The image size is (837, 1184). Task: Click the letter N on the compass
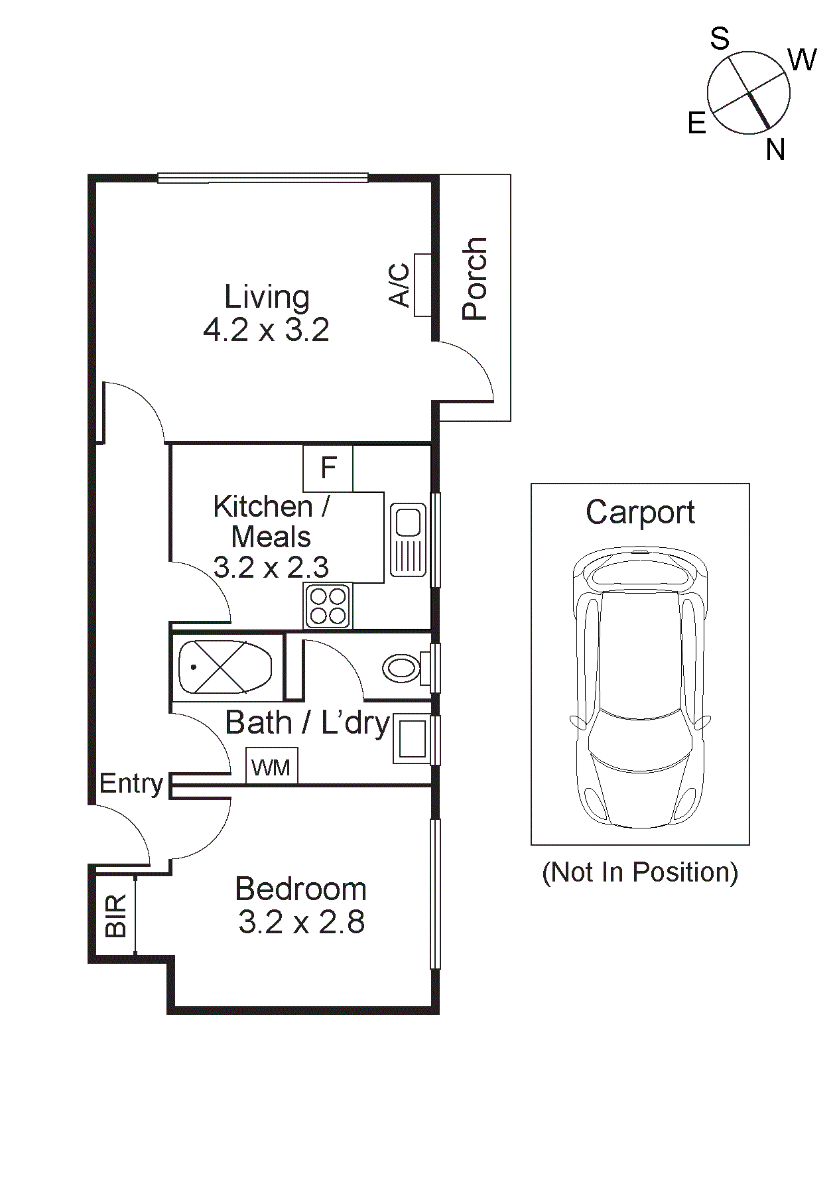point(775,150)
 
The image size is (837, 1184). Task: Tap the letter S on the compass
point(720,39)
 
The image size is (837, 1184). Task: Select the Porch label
point(474,279)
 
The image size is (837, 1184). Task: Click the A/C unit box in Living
point(422,285)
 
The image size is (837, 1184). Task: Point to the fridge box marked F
point(328,468)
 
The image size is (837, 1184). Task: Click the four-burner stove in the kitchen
point(328,606)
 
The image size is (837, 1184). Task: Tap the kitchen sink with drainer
point(408,540)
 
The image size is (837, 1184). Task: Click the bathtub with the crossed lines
point(225,667)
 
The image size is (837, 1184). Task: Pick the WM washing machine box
point(271,767)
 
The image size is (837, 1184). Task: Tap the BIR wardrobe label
point(115,916)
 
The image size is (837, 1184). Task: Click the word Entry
point(131,783)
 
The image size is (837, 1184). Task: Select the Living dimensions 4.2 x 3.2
point(266,330)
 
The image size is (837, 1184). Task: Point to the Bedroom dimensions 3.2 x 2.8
point(301,922)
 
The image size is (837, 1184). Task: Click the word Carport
point(640,512)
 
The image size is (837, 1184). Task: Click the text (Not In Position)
point(640,872)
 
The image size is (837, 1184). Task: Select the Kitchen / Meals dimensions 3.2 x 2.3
point(271,567)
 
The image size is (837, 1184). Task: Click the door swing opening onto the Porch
point(468,375)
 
